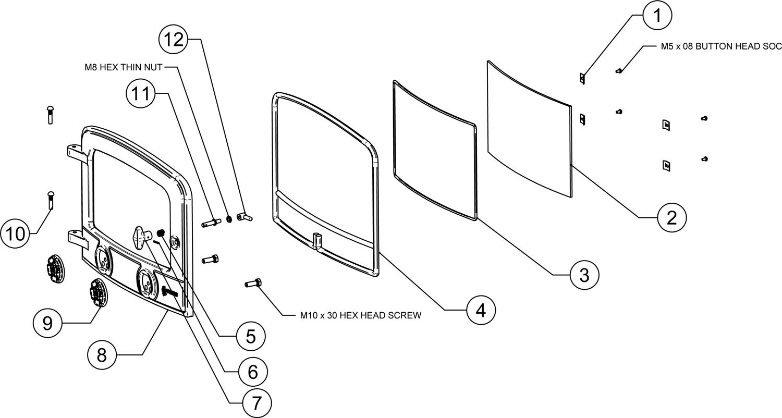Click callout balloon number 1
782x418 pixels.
(x=657, y=17)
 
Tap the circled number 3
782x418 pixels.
(x=584, y=273)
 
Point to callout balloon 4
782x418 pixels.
(x=480, y=310)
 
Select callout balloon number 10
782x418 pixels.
(x=16, y=234)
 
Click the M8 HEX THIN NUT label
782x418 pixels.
(x=124, y=67)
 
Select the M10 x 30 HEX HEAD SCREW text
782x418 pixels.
(x=360, y=315)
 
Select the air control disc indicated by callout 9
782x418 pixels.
(x=97, y=294)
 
